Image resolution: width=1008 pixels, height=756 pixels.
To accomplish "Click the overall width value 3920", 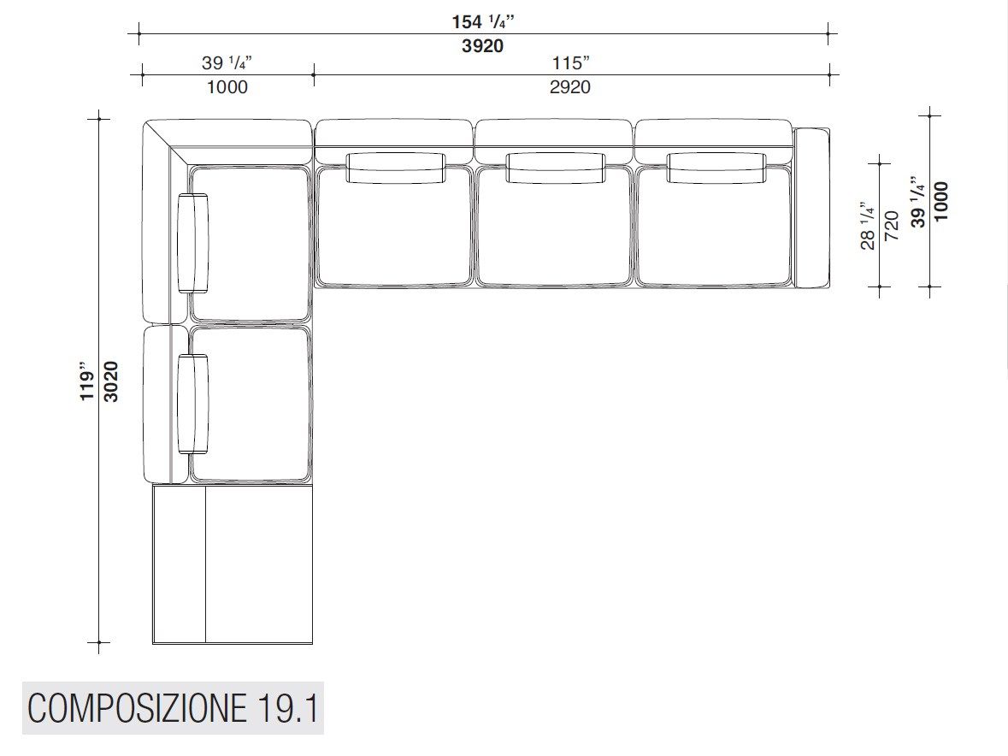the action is point(482,45).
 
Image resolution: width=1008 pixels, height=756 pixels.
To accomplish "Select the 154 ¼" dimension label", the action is point(483,22).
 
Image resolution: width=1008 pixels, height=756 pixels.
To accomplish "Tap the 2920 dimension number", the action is point(569,86).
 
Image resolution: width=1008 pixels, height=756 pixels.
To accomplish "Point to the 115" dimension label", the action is point(571,63).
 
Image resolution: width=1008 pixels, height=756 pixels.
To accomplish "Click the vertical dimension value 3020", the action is point(111,382).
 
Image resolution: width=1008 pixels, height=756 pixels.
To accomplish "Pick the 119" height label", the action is point(87,385).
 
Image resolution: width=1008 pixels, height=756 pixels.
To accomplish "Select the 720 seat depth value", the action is point(892,226).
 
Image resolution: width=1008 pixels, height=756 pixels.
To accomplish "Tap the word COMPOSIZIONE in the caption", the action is point(136,708).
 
